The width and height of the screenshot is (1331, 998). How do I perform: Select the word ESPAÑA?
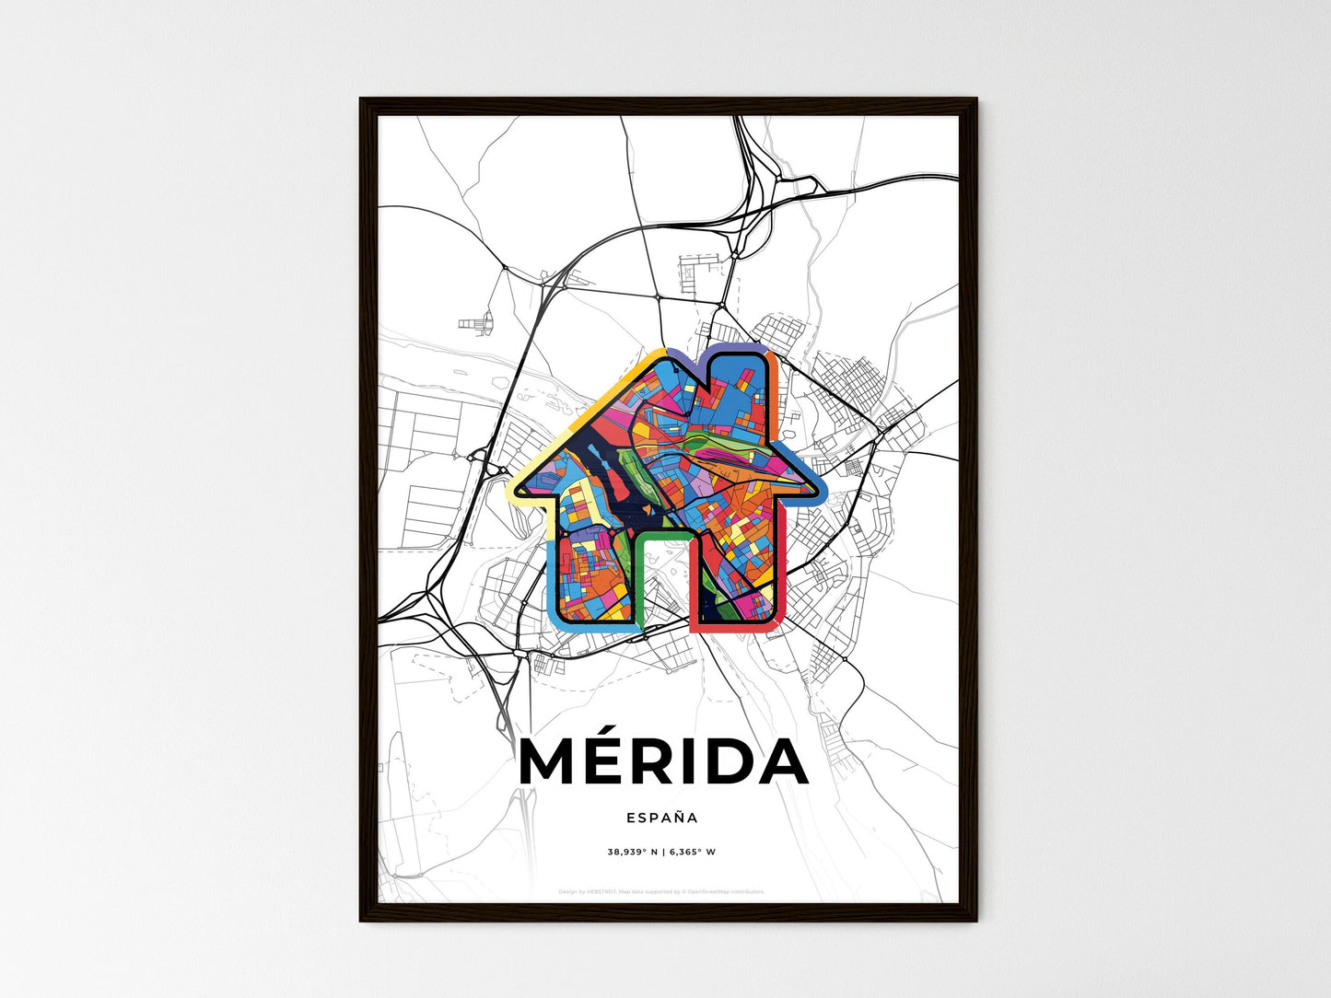(x=661, y=818)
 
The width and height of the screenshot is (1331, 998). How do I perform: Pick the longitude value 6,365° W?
(x=692, y=852)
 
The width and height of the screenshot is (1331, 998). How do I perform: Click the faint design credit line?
(x=661, y=891)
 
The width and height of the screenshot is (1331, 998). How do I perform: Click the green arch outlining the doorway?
(x=663, y=534)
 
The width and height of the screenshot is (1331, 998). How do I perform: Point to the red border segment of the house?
(x=737, y=627)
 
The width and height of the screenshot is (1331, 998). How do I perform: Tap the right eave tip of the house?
(x=818, y=485)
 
